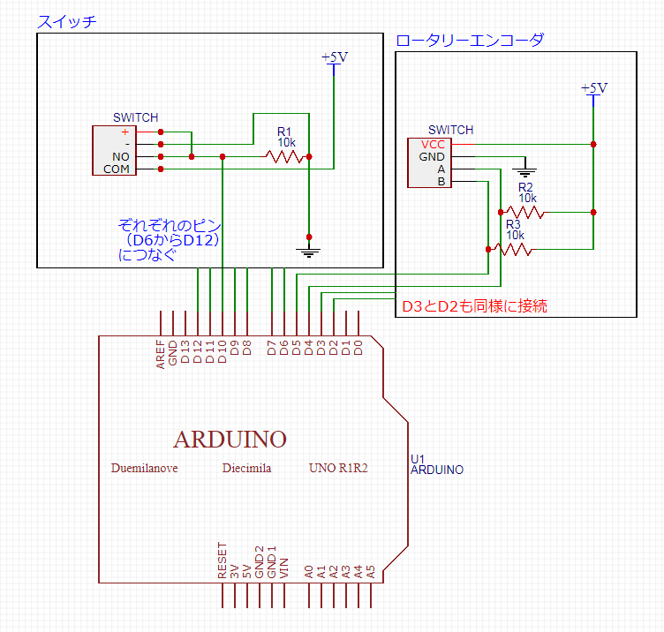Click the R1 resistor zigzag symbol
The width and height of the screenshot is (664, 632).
point(284,156)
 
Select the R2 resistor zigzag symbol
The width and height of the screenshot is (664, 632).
point(525,212)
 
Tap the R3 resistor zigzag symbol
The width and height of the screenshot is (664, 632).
point(513,249)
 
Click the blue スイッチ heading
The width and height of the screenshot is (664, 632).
point(67,21)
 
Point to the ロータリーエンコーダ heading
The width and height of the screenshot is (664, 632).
point(470,41)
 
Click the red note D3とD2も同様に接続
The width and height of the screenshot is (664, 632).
point(474,306)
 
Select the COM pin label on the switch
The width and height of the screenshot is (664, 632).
point(116,169)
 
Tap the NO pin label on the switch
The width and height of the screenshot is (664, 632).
point(121,156)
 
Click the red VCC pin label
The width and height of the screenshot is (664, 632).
point(433,145)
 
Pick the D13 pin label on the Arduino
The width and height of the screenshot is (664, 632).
point(185,352)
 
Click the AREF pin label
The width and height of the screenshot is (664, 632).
point(160,354)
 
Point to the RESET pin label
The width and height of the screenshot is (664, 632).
point(222,561)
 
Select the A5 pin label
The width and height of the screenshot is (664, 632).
point(371,572)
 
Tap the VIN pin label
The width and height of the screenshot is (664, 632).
point(284,568)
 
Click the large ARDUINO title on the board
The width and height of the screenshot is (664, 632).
point(230,440)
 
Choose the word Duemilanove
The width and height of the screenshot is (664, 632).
point(145,468)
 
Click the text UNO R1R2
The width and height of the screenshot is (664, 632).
point(338,468)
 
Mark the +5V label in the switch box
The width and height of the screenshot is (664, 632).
point(335,56)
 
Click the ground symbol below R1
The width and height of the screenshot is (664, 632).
point(309,252)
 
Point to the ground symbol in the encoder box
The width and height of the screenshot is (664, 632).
point(524,172)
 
